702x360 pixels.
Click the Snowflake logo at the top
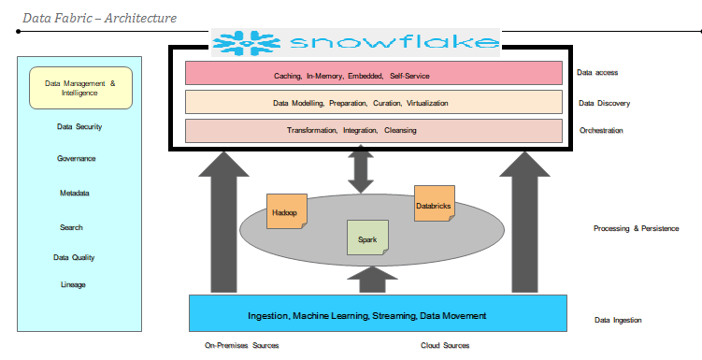point(355,42)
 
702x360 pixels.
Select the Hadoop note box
point(285,211)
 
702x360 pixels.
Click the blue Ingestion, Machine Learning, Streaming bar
point(378,314)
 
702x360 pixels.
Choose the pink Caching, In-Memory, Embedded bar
point(373,74)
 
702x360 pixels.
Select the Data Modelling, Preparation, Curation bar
point(373,102)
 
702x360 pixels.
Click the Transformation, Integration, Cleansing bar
point(373,130)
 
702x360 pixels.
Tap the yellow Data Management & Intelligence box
point(80,88)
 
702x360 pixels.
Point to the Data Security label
point(79,127)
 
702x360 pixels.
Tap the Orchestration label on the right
point(601,131)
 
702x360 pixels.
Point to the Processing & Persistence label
point(636,228)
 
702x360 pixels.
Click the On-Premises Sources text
point(242,346)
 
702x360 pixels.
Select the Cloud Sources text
point(445,346)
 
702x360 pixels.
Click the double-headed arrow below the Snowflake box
point(359,170)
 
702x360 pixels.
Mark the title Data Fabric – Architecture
point(100,17)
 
